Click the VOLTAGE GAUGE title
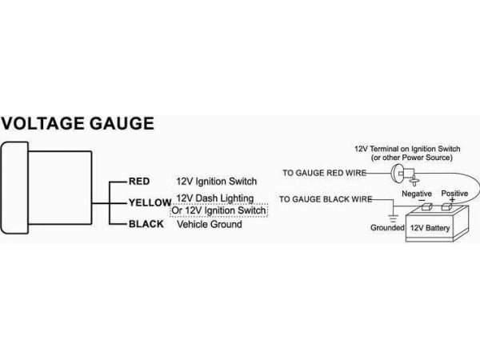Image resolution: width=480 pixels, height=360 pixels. [78, 123]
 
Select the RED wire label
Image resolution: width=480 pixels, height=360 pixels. [139, 182]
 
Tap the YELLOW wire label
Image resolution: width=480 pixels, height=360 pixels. [150, 202]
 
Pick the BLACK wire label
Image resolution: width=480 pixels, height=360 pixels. [146, 224]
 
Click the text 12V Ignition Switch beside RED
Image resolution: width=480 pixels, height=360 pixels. [217, 182]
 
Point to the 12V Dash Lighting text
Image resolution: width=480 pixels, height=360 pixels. [215, 198]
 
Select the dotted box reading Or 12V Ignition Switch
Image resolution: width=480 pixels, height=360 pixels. [219, 210]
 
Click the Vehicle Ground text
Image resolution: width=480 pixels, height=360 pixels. [210, 224]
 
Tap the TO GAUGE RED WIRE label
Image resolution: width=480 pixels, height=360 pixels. [325, 173]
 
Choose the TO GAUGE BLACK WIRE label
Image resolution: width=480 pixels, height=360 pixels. [326, 199]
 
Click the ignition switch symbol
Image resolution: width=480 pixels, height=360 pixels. [404, 174]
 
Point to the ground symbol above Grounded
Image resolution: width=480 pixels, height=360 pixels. [393, 218]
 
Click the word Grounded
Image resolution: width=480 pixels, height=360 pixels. [387, 227]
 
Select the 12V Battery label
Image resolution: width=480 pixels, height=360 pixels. [430, 228]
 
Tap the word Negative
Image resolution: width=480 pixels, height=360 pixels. [417, 194]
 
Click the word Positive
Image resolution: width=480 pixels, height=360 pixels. [454, 193]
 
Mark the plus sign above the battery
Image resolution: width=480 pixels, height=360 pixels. [453, 200]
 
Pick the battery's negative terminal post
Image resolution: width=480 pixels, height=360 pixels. [426, 207]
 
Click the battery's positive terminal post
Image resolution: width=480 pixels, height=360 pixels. [446, 207]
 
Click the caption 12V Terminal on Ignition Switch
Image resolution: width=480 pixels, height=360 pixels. [407, 149]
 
